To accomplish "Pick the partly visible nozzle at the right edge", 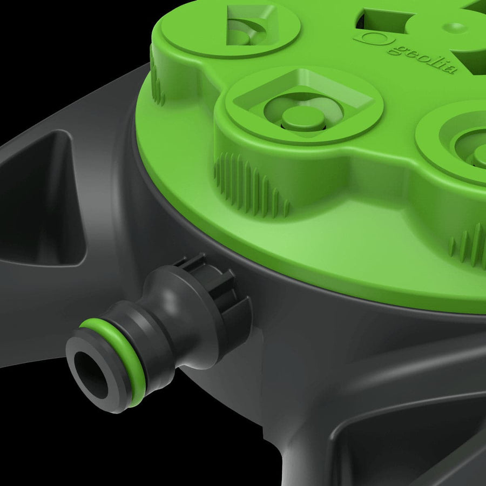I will point(470,146).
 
